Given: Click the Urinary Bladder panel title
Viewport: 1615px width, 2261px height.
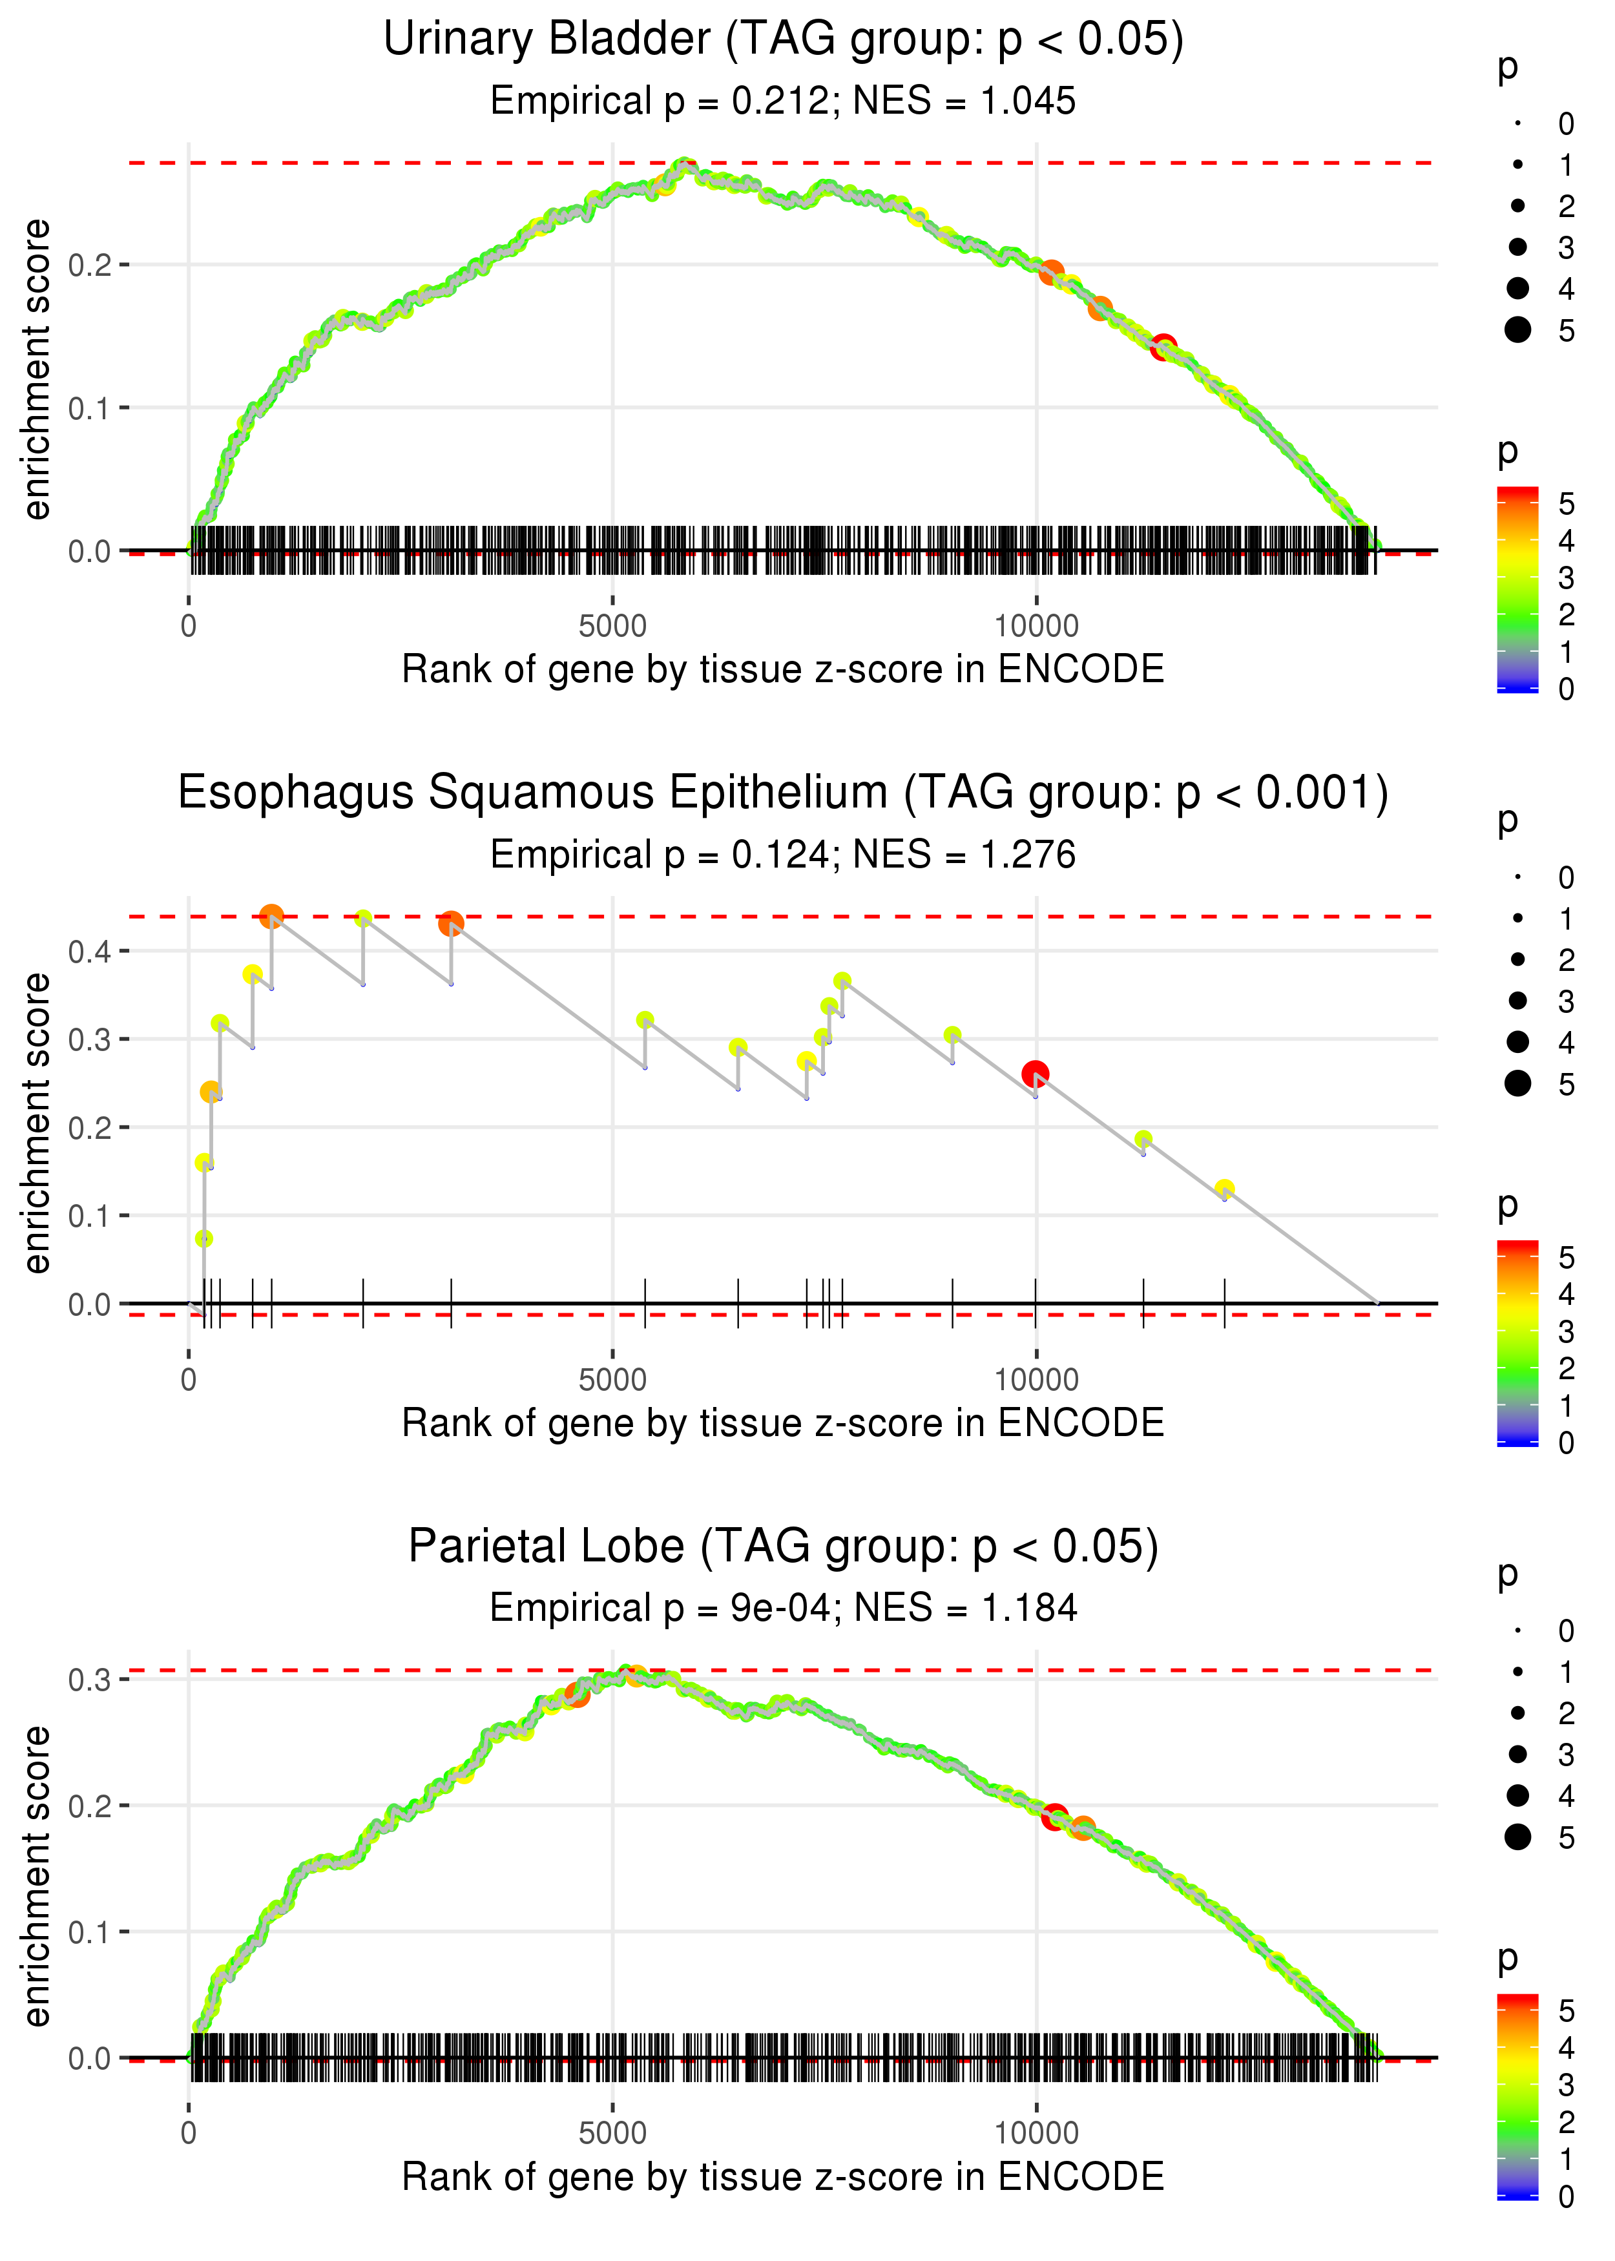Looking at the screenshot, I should (x=783, y=40).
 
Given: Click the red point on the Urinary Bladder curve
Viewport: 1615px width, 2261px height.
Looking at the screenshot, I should (x=1163, y=347).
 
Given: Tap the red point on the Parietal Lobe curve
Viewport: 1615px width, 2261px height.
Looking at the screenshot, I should (x=1054, y=1817).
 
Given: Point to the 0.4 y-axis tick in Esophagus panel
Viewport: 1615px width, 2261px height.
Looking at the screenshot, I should (x=90, y=952).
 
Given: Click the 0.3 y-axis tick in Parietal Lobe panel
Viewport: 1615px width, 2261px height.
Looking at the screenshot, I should (x=90, y=1680).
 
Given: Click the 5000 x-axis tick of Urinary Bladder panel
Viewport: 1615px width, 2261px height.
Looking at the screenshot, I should (x=612, y=627).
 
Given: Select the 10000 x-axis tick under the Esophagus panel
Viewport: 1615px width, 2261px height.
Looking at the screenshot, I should (x=1036, y=1380).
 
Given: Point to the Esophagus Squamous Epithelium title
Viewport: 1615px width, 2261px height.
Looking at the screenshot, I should (x=783, y=793).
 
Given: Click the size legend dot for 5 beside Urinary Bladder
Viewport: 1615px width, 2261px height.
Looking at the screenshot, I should (x=1517, y=329).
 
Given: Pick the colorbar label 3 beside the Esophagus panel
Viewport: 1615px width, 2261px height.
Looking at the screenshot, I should (x=1565, y=1331).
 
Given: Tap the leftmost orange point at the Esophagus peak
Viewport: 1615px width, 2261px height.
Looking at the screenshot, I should (x=271, y=916).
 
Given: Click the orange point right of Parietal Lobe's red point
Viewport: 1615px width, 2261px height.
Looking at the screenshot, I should (x=1083, y=1828).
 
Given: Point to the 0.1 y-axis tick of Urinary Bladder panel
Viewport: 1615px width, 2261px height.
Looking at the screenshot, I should (x=90, y=408).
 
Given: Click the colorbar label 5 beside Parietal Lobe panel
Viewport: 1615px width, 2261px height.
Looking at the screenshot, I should (x=1565, y=2010).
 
